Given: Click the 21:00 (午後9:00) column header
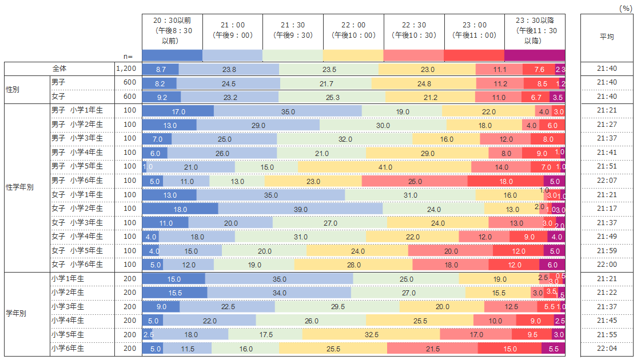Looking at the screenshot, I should click(232, 30).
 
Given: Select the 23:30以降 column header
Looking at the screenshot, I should click(535, 30).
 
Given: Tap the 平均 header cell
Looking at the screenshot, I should click(607, 37).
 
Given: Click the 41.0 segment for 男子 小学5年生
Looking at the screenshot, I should click(385, 167).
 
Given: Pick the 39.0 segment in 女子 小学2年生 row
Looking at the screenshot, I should click(300, 209).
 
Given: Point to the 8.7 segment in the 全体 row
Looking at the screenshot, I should click(160, 69).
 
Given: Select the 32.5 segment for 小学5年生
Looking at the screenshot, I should click(371, 335).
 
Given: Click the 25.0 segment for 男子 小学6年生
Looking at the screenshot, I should click(415, 181).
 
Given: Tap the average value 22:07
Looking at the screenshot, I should click(607, 181).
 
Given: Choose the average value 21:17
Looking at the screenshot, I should click(607, 209).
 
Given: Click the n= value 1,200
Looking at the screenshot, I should click(126, 69).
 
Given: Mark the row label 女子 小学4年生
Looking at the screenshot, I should click(77, 237).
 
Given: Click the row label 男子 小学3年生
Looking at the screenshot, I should click(77, 139).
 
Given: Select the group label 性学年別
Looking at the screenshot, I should click(19, 188).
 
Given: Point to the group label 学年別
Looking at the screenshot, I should click(16, 314).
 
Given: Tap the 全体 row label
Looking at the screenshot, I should click(59, 69).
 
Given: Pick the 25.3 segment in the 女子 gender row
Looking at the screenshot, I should click(332, 97).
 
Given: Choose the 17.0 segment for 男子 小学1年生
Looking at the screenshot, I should click(178, 111).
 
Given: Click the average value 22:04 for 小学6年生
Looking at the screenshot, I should click(607, 349).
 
